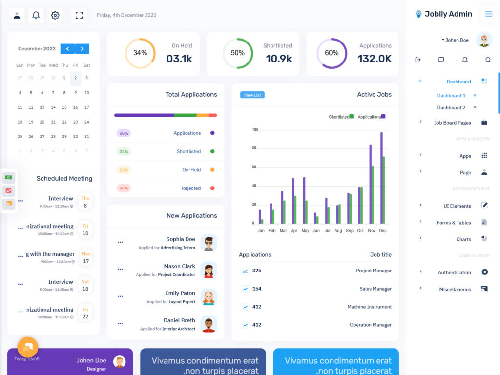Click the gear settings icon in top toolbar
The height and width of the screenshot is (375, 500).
[55, 15]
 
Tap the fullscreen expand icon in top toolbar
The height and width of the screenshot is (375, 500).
[79, 15]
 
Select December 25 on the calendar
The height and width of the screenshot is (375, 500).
[20, 137]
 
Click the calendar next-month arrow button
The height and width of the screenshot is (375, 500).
[83, 49]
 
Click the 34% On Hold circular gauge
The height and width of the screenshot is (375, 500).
[140, 53]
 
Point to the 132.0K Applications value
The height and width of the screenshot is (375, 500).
[375, 59]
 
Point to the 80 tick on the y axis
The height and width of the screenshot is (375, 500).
[254, 148]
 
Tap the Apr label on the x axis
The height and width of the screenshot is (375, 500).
[294, 230]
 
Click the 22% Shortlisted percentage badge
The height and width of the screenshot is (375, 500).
[124, 151]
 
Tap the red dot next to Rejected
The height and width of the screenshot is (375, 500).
[212, 188]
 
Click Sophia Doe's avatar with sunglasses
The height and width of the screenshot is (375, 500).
[208, 243]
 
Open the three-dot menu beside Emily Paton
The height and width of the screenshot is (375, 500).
[120, 296]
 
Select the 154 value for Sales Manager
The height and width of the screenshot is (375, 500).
[257, 289]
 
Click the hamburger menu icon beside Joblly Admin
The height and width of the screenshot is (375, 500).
[488, 14]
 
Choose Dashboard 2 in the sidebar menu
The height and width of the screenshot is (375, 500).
[451, 107]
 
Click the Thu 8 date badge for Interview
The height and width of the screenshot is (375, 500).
[85, 202]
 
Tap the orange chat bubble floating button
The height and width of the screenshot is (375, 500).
[28, 347]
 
